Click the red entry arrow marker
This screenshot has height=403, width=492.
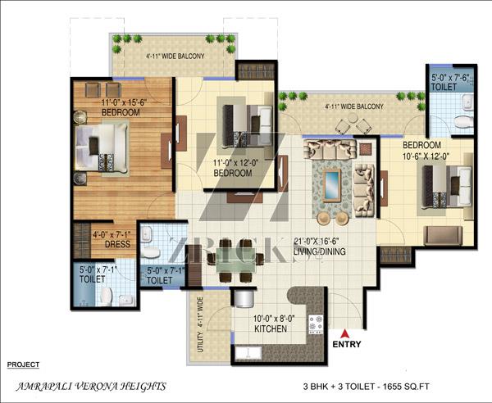(x=345, y=333)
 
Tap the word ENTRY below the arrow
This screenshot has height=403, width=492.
(x=347, y=344)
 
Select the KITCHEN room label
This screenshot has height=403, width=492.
(x=271, y=328)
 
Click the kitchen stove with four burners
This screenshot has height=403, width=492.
(x=316, y=324)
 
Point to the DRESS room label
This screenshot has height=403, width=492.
(x=117, y=244)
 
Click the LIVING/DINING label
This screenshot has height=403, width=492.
(x=320, y=251)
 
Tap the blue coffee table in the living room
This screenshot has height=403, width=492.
(x=332, y=185)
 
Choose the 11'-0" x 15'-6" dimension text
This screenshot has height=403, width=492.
(x=125, y=102)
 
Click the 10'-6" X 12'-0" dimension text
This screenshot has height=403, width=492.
(x=426, y=156)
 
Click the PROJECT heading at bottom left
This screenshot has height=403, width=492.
(x=23, y=365)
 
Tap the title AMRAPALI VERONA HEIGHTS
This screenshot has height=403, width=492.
(x=91, y=387)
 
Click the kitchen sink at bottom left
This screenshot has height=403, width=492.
(x=248, y=353)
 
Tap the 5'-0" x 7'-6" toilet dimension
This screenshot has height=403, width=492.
(x=450, y=78)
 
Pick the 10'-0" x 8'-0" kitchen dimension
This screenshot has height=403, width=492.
(x=274, y=319)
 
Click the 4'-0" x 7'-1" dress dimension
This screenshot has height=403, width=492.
(x=112, y=234)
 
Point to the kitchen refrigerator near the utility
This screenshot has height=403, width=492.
(x=244, y=299)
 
